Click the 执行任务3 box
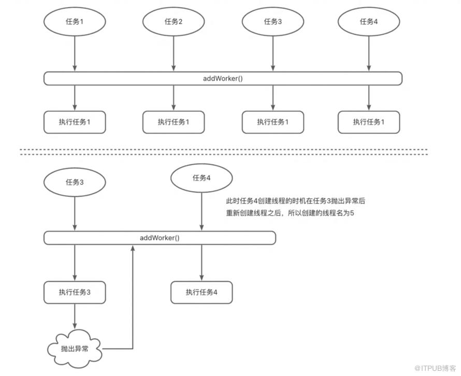[75, 292]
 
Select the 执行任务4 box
[201, 292]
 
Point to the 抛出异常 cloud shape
[75, 349]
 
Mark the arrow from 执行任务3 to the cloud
[75, 316]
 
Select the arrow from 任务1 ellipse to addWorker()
[75, 53]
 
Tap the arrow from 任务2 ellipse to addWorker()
[174, 53]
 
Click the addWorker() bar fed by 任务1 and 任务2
[223, 79]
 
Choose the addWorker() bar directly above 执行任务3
[160, 238]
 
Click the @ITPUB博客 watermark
[435, 368]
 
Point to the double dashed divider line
[223, 152]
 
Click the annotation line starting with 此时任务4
[295, 201]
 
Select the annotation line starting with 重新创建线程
[290, 213]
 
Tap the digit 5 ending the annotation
[352, 213]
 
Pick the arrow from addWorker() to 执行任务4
[201, 263]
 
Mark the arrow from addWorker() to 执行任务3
[75, 263]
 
